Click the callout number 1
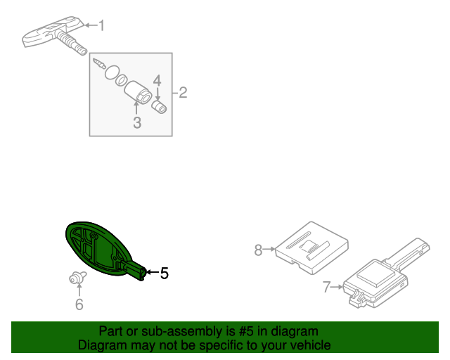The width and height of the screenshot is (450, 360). [101, 25]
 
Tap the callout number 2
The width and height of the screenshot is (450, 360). [183, 92]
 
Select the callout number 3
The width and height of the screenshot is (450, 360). [137, 122]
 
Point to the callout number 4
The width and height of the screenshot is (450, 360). [157, 81]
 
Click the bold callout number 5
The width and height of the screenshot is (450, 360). [164, 273]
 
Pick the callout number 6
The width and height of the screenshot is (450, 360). [79, 304]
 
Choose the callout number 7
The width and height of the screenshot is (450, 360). [326, 287]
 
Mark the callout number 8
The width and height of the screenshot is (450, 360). [258, 250]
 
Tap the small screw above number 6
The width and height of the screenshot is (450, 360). [77, 277]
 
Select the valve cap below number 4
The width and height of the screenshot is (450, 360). [159, 107]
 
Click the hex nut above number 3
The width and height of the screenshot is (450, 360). [138, 92]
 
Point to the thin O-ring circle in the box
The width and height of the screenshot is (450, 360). [112, 72]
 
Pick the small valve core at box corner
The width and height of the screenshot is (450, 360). [99, 63]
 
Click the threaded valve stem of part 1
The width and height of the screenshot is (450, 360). [72, 43]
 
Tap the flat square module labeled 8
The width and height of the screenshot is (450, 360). [311, 247]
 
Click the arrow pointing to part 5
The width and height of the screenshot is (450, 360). [153, 272]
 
